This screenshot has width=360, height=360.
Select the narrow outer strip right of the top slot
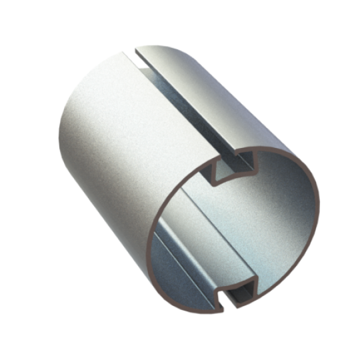coord(220,93)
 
